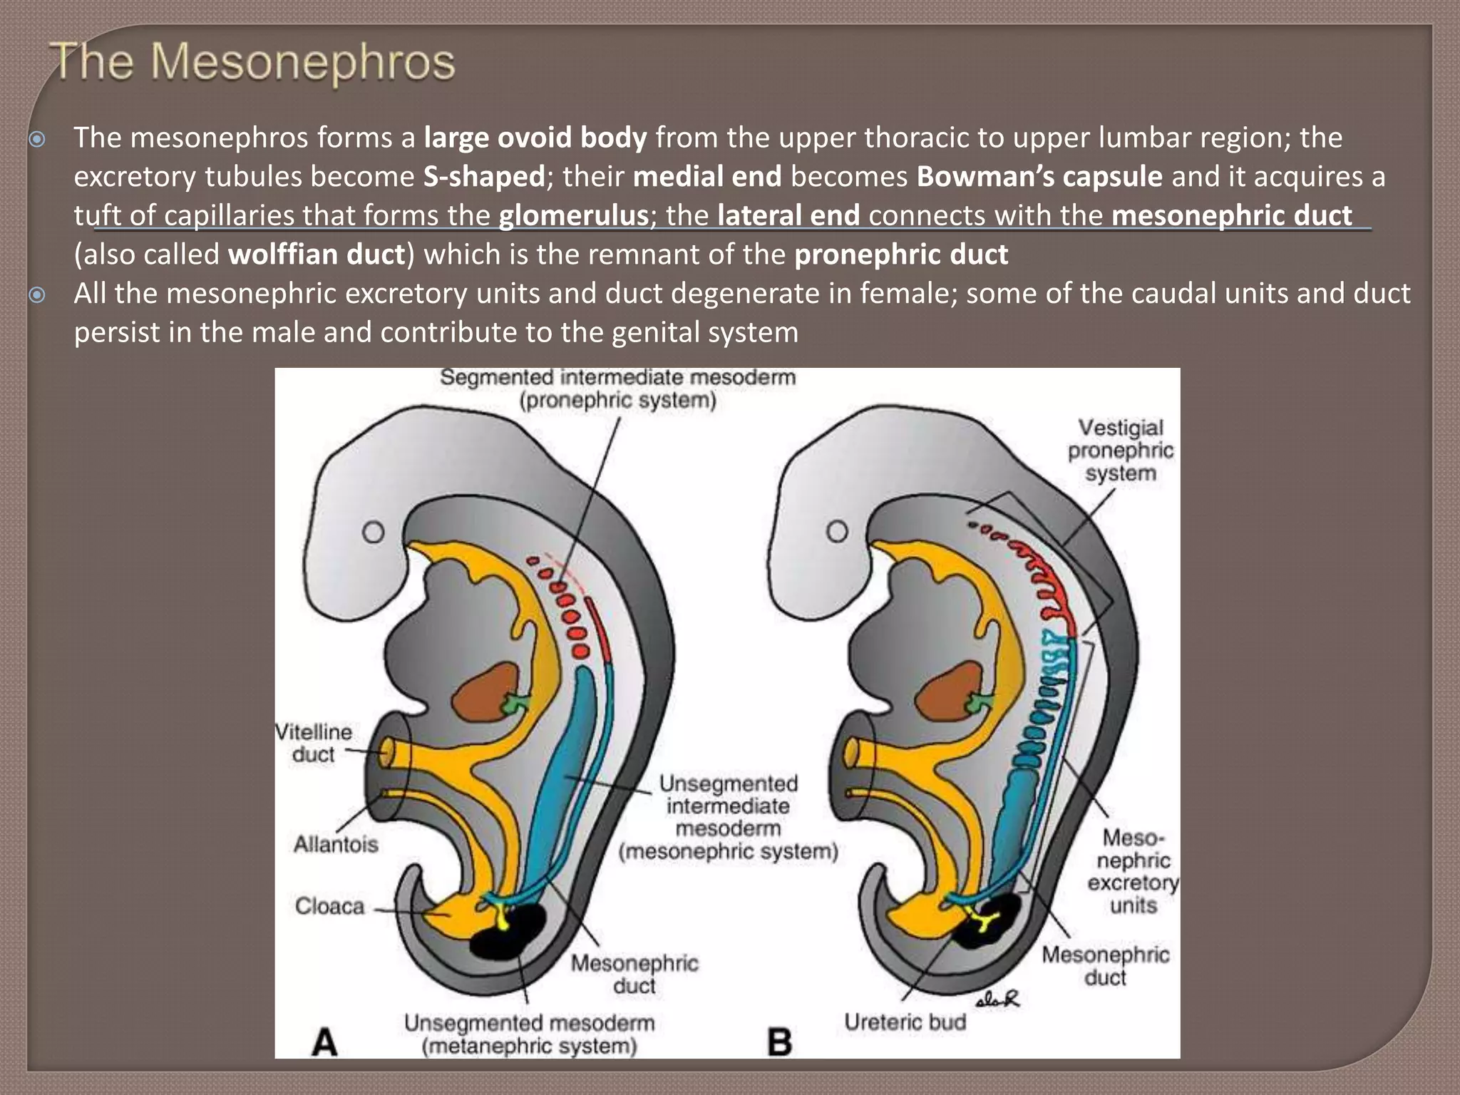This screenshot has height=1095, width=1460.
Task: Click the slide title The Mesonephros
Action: [253, 62]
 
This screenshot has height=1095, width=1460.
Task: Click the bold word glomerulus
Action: [573, 215]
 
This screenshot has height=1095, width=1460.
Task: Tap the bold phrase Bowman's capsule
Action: [1039, 176]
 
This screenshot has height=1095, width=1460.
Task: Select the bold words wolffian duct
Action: [317, 255]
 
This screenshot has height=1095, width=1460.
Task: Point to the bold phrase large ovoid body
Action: [535, 137]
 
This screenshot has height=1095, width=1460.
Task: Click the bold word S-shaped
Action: [484, 176]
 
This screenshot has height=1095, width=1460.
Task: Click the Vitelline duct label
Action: [314, 743]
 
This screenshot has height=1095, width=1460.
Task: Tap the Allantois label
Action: [336, 844]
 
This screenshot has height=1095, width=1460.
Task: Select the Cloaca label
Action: [329, 906]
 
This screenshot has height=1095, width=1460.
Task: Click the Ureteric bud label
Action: [905, 1022]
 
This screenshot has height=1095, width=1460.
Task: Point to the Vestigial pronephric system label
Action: [1120, 450]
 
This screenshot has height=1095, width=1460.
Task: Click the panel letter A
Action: [325, 1043]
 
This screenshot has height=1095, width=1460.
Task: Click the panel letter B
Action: [780, 1043]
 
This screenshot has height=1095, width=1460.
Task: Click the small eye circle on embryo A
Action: [374, 532]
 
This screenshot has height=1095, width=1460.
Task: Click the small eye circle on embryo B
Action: [837, 532]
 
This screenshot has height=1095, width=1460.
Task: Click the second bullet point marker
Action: [37, 294]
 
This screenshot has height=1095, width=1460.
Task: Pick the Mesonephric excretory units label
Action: [1133, 871]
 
